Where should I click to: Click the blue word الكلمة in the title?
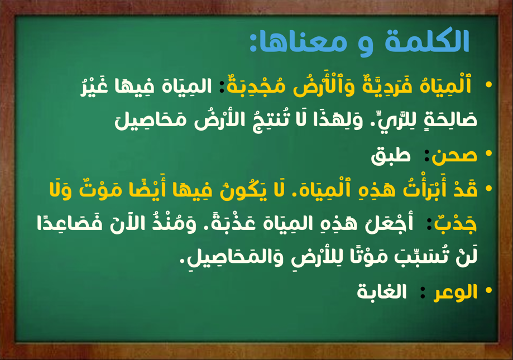(x=427, y=41)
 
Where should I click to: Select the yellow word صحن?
(x=454, y=156)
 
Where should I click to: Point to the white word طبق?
(x=390, y=155)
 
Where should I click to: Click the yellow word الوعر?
(x=455, y=292)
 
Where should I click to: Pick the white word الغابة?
(x=382, y=291)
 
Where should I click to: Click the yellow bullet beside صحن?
(x=489, y=153)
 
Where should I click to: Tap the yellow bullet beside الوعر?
(x=489, y=290)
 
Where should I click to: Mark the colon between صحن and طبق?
(x=426, y=156)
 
